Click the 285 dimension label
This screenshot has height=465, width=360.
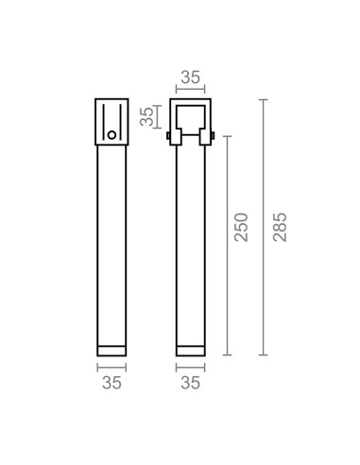pos(280,227)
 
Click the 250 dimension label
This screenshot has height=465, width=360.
pos(241,227)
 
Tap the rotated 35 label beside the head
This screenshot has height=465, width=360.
pos(146,117)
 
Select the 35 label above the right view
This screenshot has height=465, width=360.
pos(190,77)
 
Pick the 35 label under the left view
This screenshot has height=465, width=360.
pos(111,383)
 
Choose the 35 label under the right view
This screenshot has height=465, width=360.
pos(190,383)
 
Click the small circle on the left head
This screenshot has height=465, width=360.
pos(111,135)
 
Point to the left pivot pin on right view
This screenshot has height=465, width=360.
pos(169,139)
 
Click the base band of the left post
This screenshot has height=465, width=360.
pos(111,350)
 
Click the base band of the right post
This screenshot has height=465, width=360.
pos(190,350)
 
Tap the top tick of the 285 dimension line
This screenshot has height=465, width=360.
pos(263,98)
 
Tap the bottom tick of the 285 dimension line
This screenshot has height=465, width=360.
pos(263,355)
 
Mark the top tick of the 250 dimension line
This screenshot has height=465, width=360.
pos(227,135)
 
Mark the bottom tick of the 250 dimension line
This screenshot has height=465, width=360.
pos(227,355)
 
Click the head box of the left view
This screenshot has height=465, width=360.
pos(111,121)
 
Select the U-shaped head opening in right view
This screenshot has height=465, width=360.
pos(190,118)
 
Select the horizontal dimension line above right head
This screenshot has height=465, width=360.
pos(190,91)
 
